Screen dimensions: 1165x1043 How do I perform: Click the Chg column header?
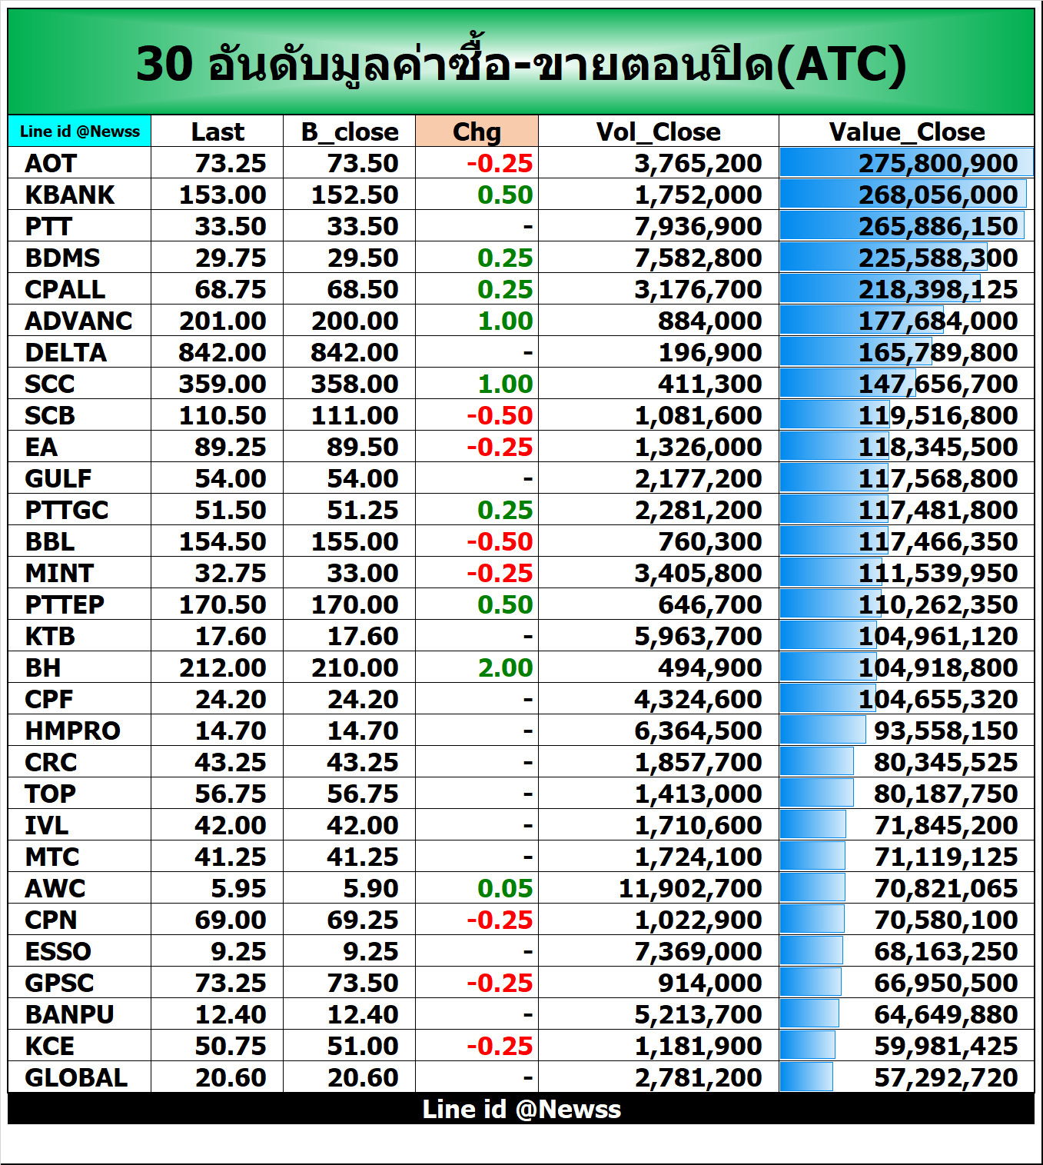(x=477, y=131)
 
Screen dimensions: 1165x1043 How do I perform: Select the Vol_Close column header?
(x=658, y=131)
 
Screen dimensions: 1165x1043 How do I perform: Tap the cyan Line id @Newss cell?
(x=80, y=131)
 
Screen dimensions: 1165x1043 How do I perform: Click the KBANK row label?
(x=70, y=195)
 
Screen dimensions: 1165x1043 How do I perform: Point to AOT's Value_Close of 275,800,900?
(x=938, y=163)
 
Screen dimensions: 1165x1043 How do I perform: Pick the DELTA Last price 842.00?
(x=222, y=352)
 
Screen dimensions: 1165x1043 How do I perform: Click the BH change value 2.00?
(x=505, y=667)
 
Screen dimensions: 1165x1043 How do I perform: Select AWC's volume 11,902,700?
(x=690, y=888)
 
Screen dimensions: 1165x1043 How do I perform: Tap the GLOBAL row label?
(x=76, y=1077)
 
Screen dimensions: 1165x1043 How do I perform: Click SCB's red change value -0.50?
(x=500, y=415)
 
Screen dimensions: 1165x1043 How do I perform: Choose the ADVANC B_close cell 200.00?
(x=354, y=321)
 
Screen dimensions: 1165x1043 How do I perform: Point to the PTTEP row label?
(x=65, y=604)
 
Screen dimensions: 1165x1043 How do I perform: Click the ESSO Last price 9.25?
(x=238, y=951)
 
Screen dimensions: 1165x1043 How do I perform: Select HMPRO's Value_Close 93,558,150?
(x=945, y=731)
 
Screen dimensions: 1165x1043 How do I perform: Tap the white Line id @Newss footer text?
(x=521, y=1109)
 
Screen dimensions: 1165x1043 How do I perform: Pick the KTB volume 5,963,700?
(x=698, y=636)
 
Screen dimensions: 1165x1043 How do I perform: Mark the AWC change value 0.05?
(x=505, y=888)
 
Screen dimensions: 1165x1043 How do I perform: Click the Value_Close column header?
(x=907, y=131)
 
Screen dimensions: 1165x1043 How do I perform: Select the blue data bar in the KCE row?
(x=808, y=1046)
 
